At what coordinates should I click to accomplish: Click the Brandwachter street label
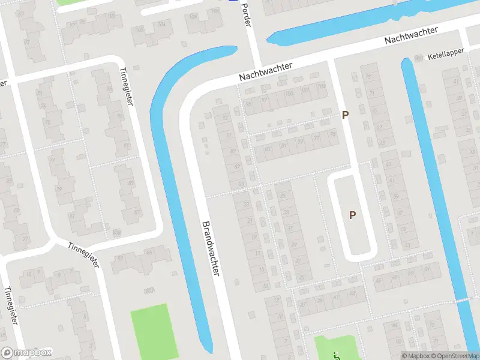tap(211, 247)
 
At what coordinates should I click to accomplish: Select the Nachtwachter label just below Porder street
tap(265, 71)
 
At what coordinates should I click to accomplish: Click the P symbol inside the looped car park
tap(352, 215)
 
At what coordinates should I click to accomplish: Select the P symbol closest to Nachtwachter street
tap(345, 114)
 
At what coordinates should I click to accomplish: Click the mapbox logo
tap(26, 353)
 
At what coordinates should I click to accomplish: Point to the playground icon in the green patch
tap(335, 355)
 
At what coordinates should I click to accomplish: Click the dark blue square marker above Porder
tap(232, 1)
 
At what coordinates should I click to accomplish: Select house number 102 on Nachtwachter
tap(304, 91)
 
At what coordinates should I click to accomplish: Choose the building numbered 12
tap(276, 301)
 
